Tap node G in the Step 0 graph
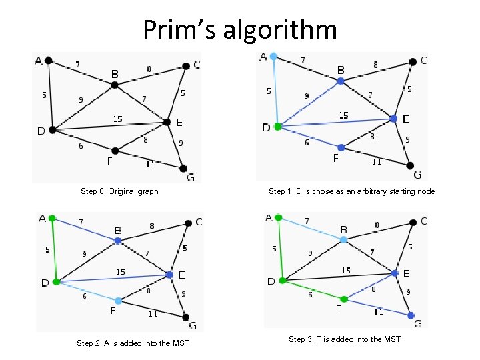point(183,169)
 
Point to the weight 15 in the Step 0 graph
point(117,119)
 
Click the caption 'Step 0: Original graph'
point(119,191)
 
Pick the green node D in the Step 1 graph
point(279,126)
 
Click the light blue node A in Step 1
point(273,57)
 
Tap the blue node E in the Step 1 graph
point(394,119)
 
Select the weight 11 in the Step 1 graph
point(377,161)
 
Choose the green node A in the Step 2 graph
point(51,218)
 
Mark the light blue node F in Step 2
point(118,301)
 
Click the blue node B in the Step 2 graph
point(117,241)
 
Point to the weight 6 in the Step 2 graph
point(84,297)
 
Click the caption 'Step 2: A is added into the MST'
point(133,343)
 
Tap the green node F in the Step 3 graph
point(344,299)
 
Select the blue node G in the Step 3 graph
point(410,315)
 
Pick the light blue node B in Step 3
point(343,239)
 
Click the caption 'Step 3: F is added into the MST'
point(345,339)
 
